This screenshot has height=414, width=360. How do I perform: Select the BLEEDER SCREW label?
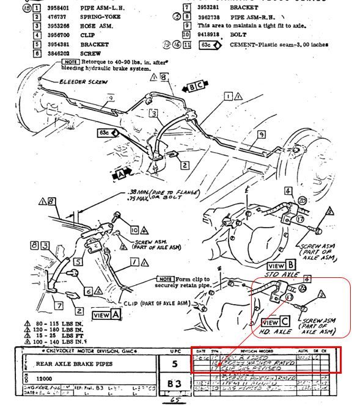[x=84, y=82]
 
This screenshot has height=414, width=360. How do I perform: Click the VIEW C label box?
[x=270, y=322]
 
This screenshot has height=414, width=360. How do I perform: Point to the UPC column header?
[x=174, y=352]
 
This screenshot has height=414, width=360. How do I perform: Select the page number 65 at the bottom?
[x=174, y=403]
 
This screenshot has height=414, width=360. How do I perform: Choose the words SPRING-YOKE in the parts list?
[x=100, y=16]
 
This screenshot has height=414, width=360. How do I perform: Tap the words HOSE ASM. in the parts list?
[x=97, y=26]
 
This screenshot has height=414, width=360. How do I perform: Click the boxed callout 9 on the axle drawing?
[x=261, y=134]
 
